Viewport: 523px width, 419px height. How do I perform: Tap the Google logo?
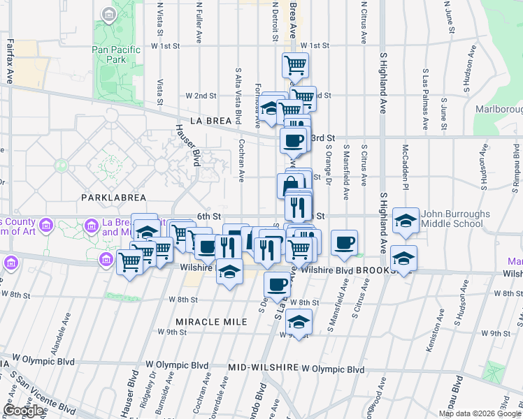pyautogui.click(x=24, y=411)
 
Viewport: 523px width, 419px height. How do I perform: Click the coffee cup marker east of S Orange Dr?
pyautogui.click(x=344, y=242)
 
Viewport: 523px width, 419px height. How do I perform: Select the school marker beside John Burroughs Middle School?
pyautogui.click(x=405, y=221)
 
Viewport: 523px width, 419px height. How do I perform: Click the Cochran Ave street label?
pyautogui.click(x=241, y=156)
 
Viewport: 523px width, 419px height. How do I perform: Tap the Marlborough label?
pyautogui.click(x=499, y=110)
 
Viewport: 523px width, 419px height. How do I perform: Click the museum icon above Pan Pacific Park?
pyautogui.click(x=108, y=14)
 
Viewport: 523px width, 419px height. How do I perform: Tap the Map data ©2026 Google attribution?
pyautogui.click(x=480, y=413)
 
